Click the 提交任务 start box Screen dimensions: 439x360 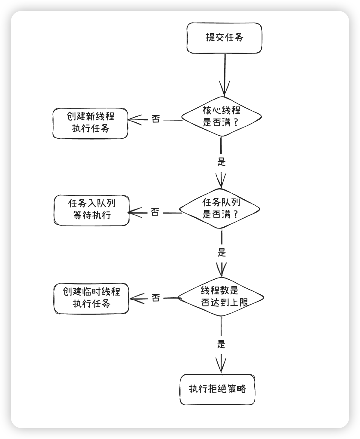224,38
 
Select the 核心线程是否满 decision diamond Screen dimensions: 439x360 222,117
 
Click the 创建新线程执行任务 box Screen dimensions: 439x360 90,123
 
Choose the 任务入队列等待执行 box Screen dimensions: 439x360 92,210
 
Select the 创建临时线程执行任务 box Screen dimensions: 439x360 91,298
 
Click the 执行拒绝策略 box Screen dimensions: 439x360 217,389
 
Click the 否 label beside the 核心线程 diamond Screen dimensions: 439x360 155,119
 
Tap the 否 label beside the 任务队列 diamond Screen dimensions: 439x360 155,212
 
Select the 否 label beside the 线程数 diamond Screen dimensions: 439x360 155,298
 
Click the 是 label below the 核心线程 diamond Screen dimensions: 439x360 222,161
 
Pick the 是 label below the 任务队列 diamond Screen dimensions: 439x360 222,252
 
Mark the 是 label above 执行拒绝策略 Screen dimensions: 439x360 221,344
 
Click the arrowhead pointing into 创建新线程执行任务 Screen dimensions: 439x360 132,120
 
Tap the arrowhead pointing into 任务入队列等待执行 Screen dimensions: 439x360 133,213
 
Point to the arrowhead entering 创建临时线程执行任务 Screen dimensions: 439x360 134,299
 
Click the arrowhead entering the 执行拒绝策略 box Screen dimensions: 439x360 221,367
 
